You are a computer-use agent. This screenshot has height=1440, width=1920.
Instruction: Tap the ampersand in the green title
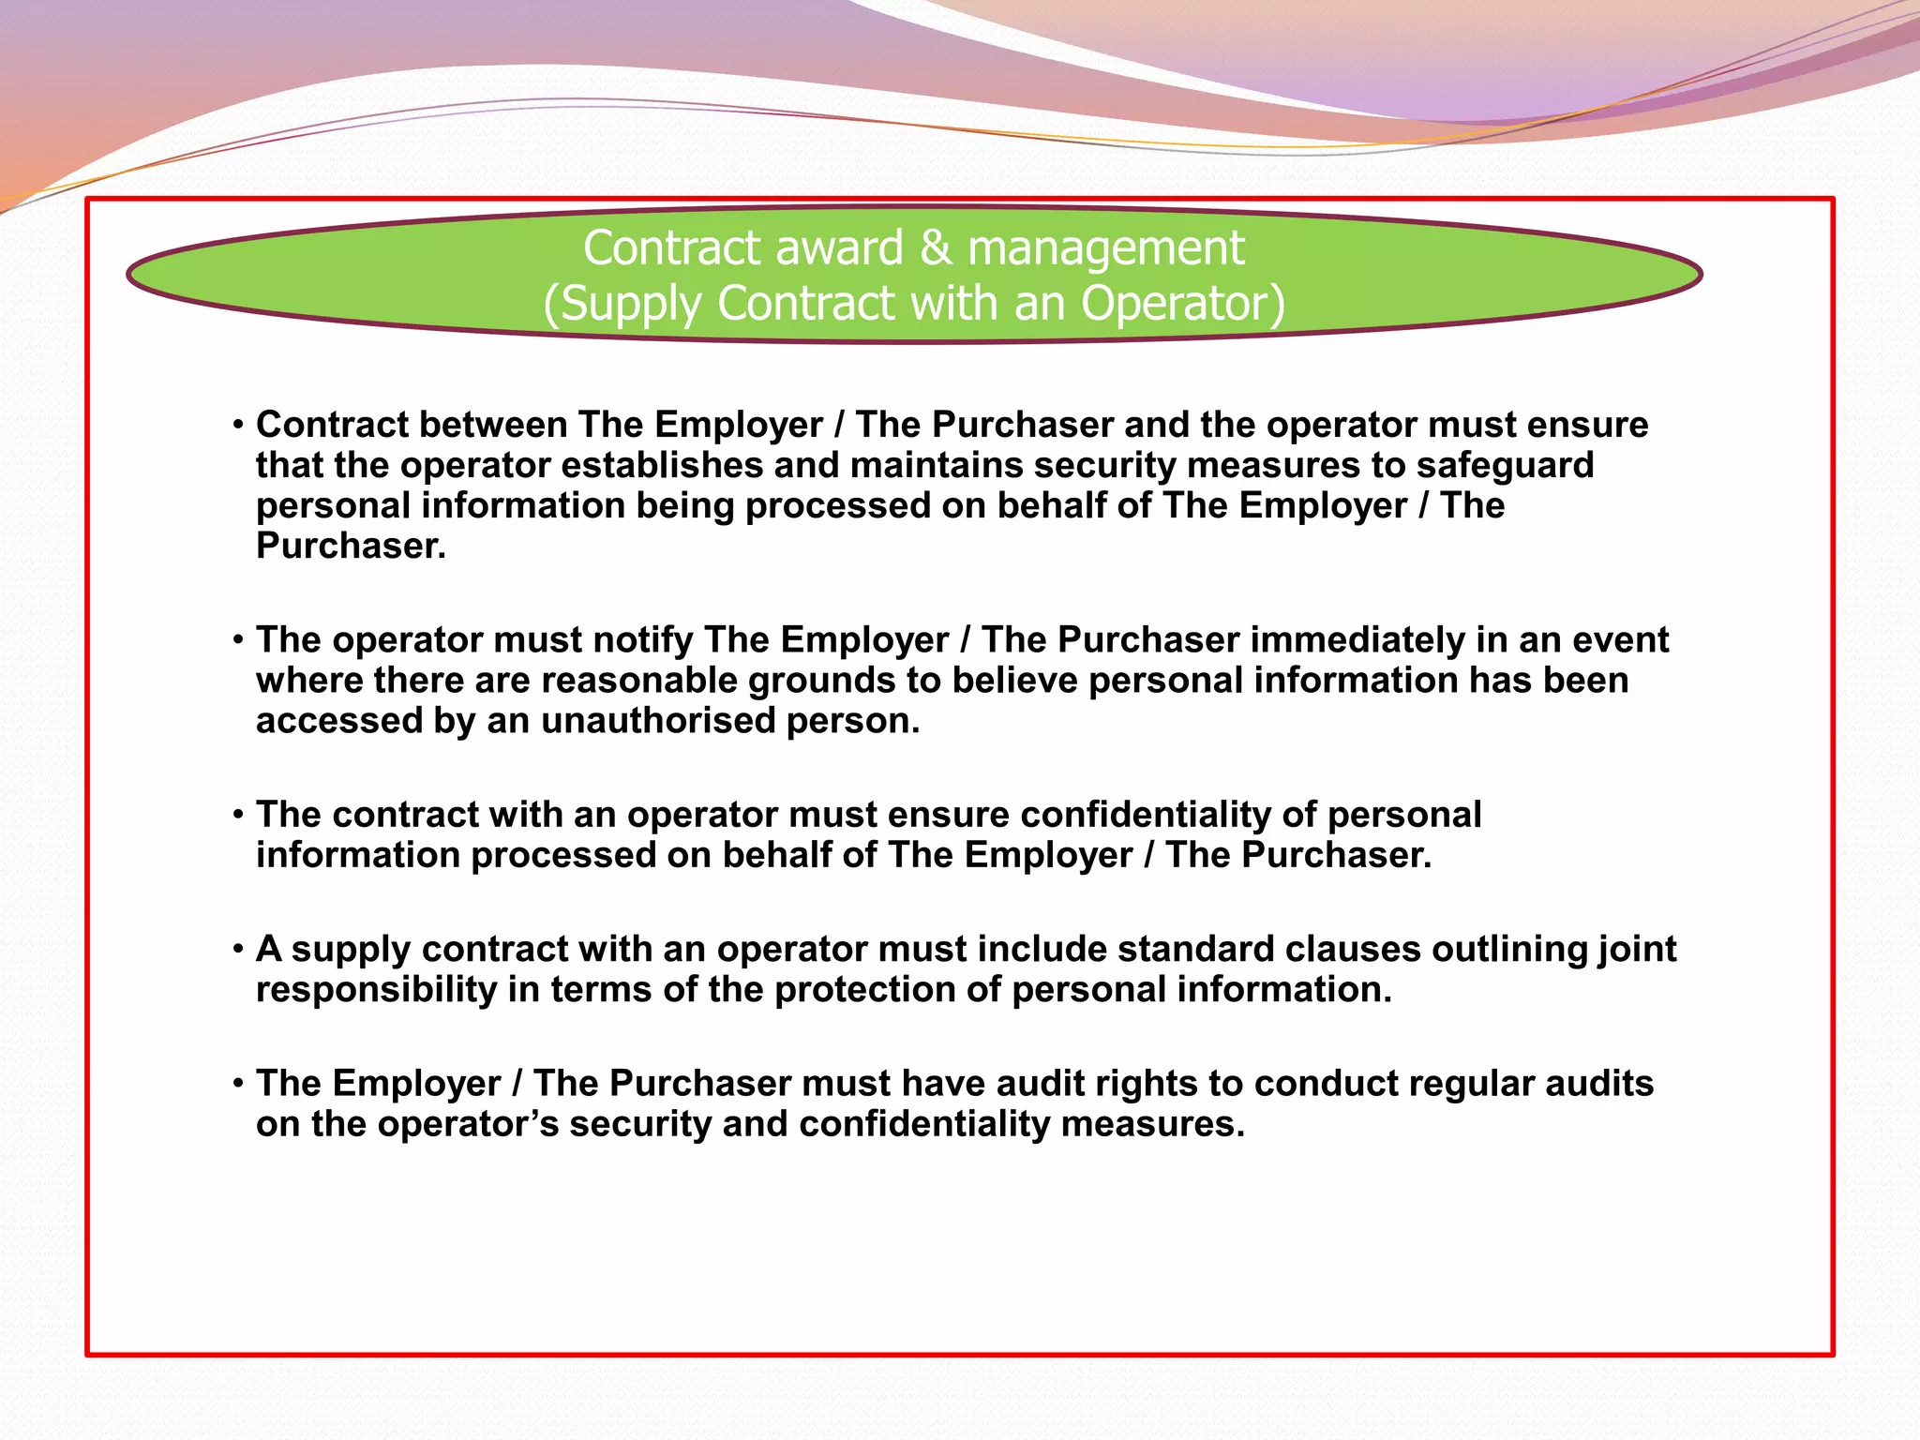click(935, 248)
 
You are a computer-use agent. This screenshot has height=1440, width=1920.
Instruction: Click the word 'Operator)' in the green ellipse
click(1182, 305)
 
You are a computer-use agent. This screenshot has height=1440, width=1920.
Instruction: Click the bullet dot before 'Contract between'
click(239, 426)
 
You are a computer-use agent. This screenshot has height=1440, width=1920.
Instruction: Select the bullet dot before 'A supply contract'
click(239, 950)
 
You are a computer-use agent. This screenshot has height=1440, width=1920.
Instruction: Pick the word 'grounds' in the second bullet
click(821, 681)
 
